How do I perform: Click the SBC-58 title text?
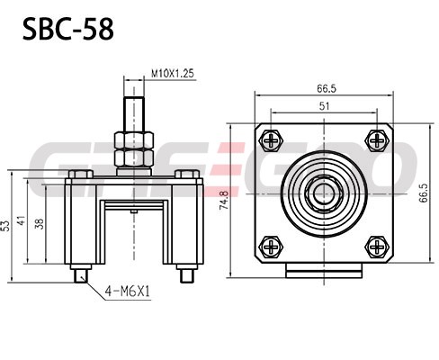pyautogui.click(x=68, y=29)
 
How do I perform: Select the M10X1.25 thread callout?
pyautogui.click(x=173, y=74)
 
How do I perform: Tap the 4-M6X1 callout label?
pyautogui.click(x=127, y=291)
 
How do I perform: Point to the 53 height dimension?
pyautogui.click(x=5, y=226)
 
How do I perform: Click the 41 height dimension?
pyautogui.click(x=22, y=220)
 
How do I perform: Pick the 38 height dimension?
pyautogui.click(x=40, y=224)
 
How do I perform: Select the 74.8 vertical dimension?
pyautogui.click(x=224, y=200)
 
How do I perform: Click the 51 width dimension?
pyautogui.click(x=324, y=106)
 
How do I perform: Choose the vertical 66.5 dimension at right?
pyautogui.click(x=424, y=193)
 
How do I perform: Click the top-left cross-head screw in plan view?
pyautogui.click(x=272, y=140)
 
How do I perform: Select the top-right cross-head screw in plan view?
pyautogui.click(x=377, y=140)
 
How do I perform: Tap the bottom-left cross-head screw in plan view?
pyautogui.click(x=272, y=247)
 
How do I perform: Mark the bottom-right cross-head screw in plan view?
pyautogui.click(x=377, y=247)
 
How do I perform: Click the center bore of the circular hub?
pyautogui.click(x=324, y=193)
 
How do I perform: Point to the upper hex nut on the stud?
pyautogui.click(x=134, y=140)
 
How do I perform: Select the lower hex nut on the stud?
pyautogui.click(x=134, y=157)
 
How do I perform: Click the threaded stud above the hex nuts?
pyautogui.click(x=134, y=114)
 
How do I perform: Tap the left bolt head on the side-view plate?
pyautogui.click(x=81, y=174)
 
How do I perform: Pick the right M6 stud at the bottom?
pyautogui.click(x=188, y=276)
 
